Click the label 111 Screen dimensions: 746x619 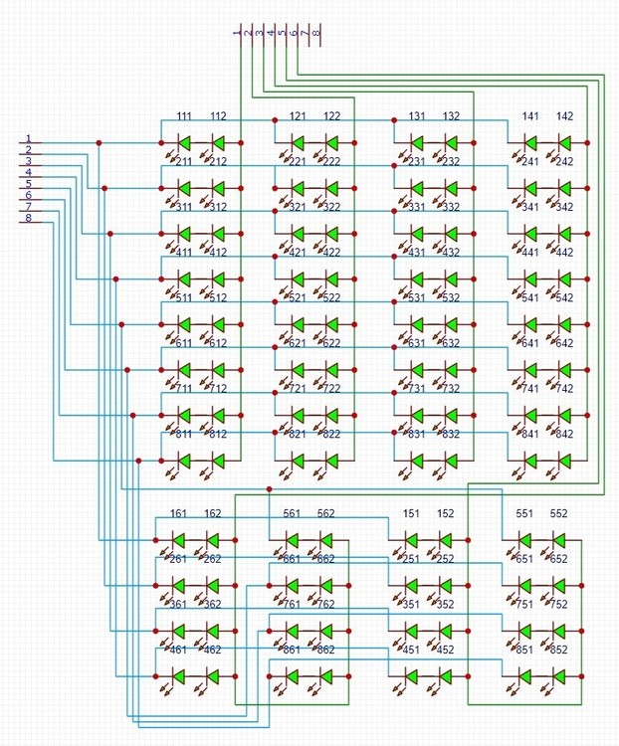coord(184,116)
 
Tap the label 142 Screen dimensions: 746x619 coord(564,116)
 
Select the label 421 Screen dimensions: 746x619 coord(299,253)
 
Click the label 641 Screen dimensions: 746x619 coord(530,343)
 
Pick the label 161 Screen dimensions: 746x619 coord(179,514)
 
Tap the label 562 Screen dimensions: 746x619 coord(326,514)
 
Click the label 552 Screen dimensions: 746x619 coord(559,514)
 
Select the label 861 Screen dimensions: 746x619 coord(293,650)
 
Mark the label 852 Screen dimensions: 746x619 coord(559,650)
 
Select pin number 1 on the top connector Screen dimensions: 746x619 coord(237,33)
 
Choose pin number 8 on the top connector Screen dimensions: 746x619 coord(316,33)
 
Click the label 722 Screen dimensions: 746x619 coord(331,389)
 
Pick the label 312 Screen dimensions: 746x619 coord(218,207)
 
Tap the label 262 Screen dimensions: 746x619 coord(212,559)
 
